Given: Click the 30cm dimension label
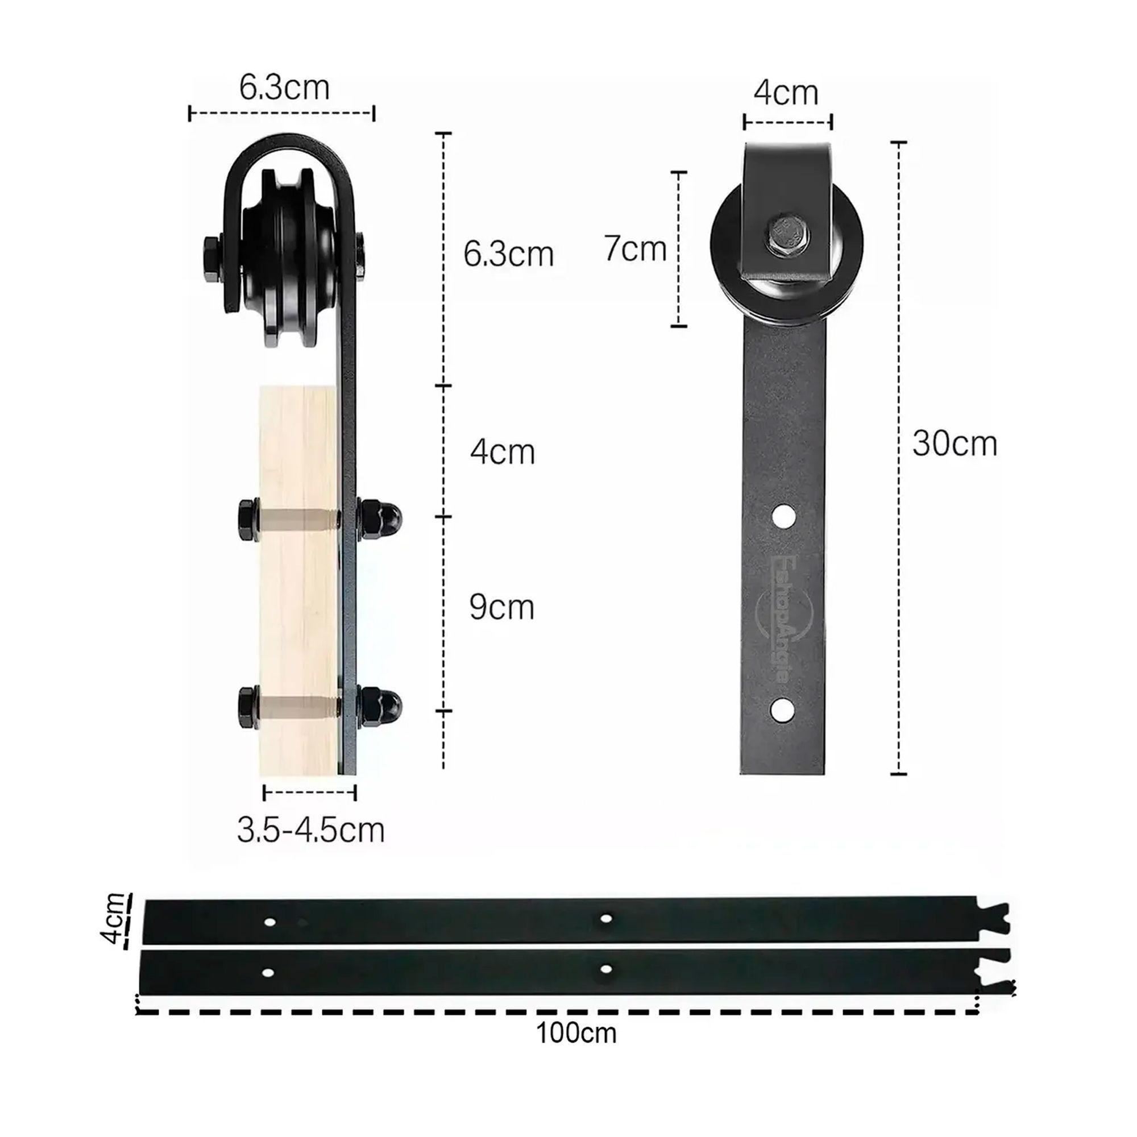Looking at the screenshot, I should coord(954,444).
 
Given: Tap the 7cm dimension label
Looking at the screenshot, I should coord(634,248).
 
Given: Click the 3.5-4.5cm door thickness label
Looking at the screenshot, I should coord(310,830).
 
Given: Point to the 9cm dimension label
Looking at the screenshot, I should coord(501,607).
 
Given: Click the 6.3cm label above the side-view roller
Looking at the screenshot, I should coord(284,88).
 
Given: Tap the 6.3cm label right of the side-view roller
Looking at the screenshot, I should coord(508,254).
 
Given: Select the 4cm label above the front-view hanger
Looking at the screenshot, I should coord(786,93).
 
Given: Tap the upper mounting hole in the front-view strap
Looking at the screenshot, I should coord(784,517).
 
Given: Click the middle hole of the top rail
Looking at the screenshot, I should coord(605,918).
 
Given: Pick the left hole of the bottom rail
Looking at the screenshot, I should coord(268,973).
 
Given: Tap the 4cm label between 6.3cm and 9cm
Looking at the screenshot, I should coord(502,452).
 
